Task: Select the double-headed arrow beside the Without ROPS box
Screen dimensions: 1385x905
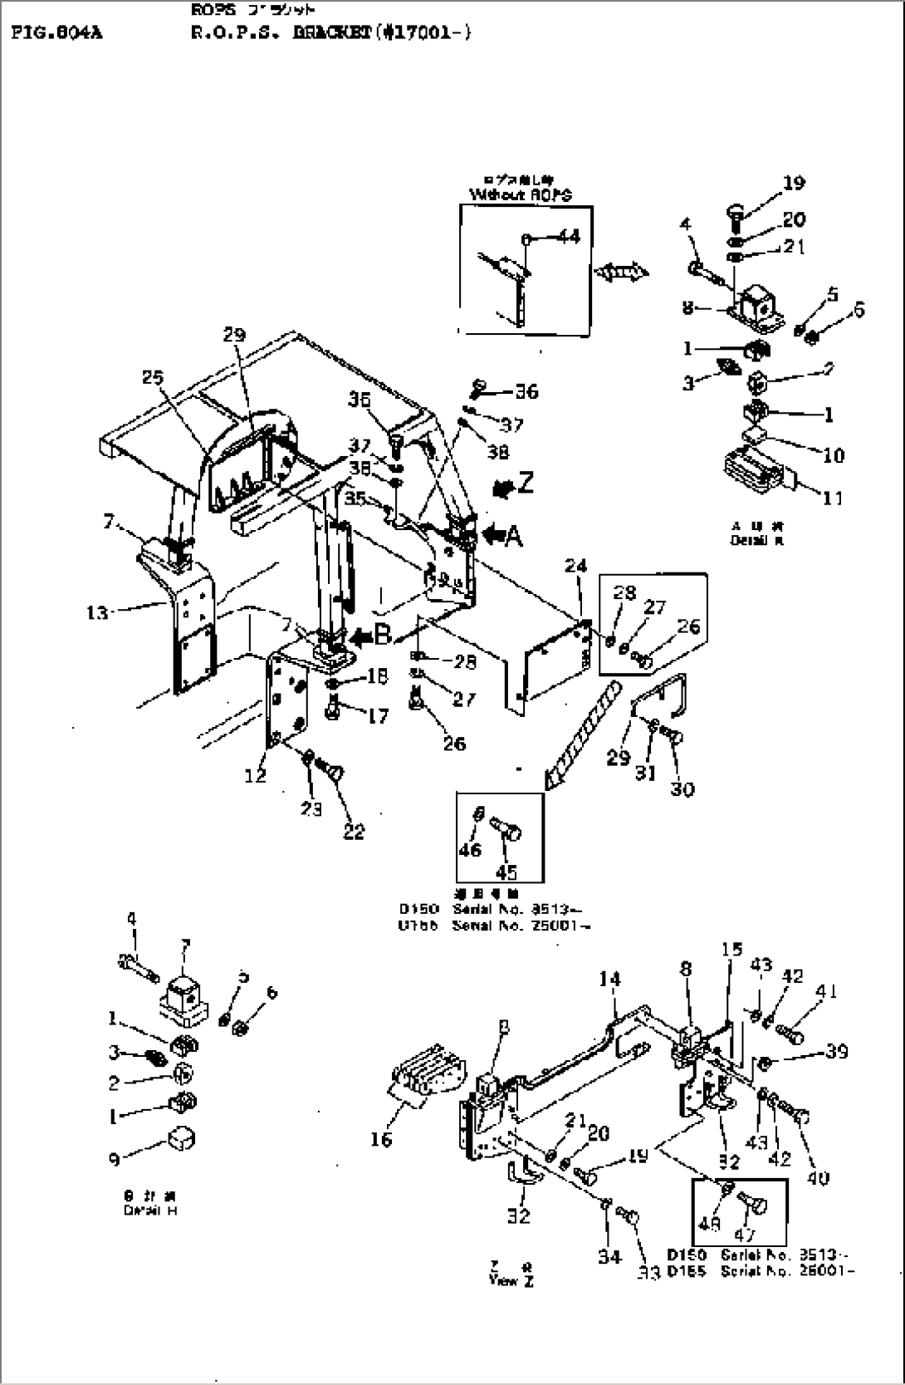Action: tap(622, 271)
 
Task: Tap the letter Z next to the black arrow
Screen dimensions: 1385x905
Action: tap(526, 483)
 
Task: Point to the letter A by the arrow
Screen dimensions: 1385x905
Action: tap(514, 537)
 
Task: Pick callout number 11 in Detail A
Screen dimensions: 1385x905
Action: tap(832, 498)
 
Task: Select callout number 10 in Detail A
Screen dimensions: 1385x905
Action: tap(833, 454)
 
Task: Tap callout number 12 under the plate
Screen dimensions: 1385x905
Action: tap(256, 774)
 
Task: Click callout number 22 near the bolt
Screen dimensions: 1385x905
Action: tap(354, 831)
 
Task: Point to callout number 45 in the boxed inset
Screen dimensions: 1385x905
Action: tap(506, 872)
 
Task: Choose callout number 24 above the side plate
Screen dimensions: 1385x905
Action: tap(575, 566)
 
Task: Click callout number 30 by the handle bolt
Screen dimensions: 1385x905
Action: tap(682, 788)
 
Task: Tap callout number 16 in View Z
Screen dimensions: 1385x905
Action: tap(381, 1140)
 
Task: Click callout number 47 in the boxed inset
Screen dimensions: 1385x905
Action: tap(745, 1235)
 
